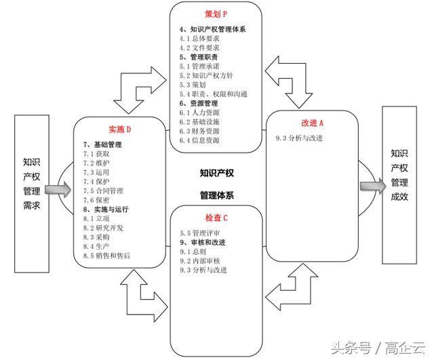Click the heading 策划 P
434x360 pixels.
pos(215,14)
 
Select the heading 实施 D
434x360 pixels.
pos(118,129)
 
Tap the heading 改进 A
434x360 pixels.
pos(313,123)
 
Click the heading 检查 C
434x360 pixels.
pos(216,218)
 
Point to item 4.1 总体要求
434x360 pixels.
pos(200,39)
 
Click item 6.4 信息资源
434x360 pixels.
pos(200,140)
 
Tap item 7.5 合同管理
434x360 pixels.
pos(103,191)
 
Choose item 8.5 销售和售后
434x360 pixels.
pos(107,256)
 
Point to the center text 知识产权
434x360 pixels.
pos(217,173)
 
